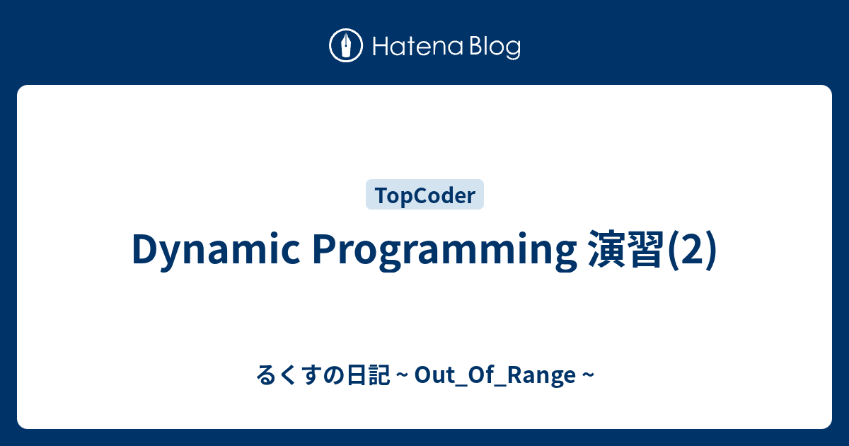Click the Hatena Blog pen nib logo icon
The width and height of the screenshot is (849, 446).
pyautogui.click(x=346, y=45)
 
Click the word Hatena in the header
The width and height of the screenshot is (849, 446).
pyautogui.click(x=418, y=47)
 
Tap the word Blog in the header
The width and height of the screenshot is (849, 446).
pyautogui.click(x=495, y=47)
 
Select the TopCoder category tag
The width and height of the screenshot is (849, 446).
pyautogui.click(x=424, y=194)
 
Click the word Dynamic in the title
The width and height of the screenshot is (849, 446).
pyautogui.click(x=216, y=249)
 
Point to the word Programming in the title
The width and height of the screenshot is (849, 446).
pyautogui.click(x=444, y=251)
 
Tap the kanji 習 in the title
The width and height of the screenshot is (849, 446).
pyautogui.click(x=646, y=249)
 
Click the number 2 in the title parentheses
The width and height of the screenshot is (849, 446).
pyautogui.click(x=692, y=249)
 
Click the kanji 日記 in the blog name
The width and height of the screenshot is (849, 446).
pyautogui.click(x=368, y=374)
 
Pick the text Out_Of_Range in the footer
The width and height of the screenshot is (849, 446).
pyautogui.click(x=495, y=375)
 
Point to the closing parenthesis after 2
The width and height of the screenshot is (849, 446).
pyautogui.click(x=710, y=251)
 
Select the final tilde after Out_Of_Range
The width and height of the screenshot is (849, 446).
pyautogui.click(x=588, y=375)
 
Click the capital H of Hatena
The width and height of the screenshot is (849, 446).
pyautogui.click(x=381, y=47)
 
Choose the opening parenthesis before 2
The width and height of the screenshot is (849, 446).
pyautogui.click(x=673, y=251)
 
